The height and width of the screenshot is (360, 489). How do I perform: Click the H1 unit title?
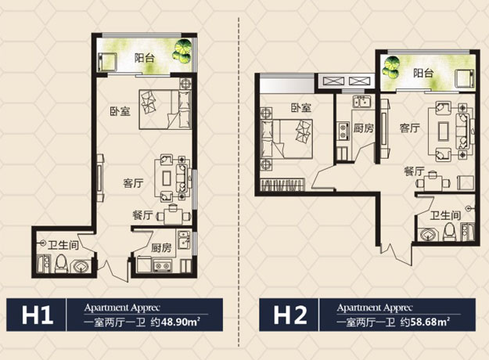pos(38,315)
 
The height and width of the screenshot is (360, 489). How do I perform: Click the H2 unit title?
pos(290,315)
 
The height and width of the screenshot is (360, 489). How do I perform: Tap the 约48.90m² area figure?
pos(175,322)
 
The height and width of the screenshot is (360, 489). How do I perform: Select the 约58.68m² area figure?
pos(426,322)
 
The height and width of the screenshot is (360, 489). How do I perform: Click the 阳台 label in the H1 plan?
pos(145,58)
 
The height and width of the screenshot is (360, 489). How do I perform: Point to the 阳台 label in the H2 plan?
pos(423,74)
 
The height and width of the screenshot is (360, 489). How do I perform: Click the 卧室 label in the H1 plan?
pos(120,111)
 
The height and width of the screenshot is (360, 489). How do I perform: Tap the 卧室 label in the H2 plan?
pos(301,108)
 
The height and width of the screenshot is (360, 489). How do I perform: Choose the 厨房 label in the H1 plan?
pos(161,248)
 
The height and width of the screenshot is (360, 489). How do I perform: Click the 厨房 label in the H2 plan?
pos(363,128)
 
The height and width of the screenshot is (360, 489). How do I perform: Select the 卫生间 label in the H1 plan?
pos(63,245)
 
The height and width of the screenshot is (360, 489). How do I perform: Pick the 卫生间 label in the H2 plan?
pos(445,215)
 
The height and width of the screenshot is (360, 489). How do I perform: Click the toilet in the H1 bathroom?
pos(61,264)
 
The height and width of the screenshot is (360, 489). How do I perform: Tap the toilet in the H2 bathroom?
pos(449,232)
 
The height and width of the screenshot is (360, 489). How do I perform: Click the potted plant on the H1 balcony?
pos(182,52)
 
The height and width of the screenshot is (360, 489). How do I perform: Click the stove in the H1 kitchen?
pos(162,266)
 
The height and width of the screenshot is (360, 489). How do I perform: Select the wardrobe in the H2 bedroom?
pos(283,185)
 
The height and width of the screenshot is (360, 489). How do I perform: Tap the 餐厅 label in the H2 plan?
pos(414,171)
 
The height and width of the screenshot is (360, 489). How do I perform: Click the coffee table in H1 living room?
pos(167,178)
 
